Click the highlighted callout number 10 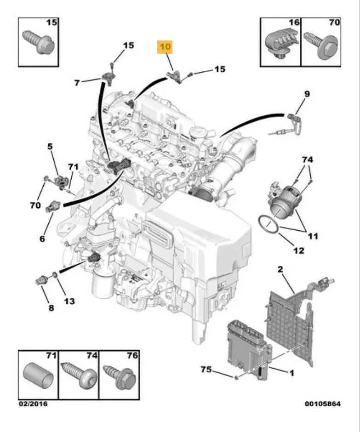(x=165, y=47)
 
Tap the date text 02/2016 (x=33, y=404)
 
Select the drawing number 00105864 (x=322, y=404)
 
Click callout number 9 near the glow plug (x=306, y=94)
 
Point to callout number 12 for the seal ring (x=298, y=250)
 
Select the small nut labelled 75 (x=235, y=377)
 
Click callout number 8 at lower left (x=51, y=307)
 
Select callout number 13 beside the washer (x=69, y=301)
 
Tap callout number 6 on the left (x=42, y=239)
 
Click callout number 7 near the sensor (x=77, y=83)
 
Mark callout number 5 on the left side (x=49, y=147)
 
